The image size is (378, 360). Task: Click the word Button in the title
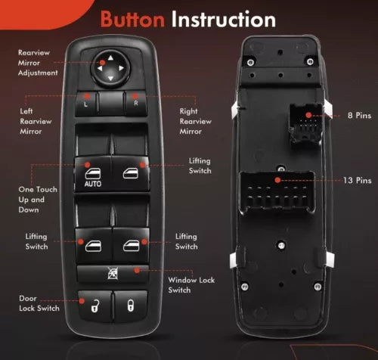point(132,20)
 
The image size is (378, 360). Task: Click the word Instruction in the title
point(224,19)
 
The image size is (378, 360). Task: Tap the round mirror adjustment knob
point(110,68)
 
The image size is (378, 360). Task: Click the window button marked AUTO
point(93,174)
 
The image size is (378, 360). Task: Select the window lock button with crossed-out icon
point(113,273)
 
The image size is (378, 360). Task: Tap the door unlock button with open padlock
point(95,306)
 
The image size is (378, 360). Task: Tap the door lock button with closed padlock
point(130,306)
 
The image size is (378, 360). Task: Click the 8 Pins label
point(359,116)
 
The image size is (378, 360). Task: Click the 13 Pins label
point(358,180)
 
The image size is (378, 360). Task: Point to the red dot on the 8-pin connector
point(308,115)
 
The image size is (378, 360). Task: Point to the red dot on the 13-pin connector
point(277,180)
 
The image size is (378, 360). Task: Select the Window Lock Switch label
point(191,285)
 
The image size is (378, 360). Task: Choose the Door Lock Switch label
point(39,303)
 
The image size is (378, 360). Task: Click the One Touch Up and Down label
point(38,200)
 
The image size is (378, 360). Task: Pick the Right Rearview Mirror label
point(195,121)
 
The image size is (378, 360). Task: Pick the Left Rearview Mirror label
point(36,121)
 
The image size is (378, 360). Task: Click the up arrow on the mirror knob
point(110,58)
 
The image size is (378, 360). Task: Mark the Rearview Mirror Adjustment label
point(38,63)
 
